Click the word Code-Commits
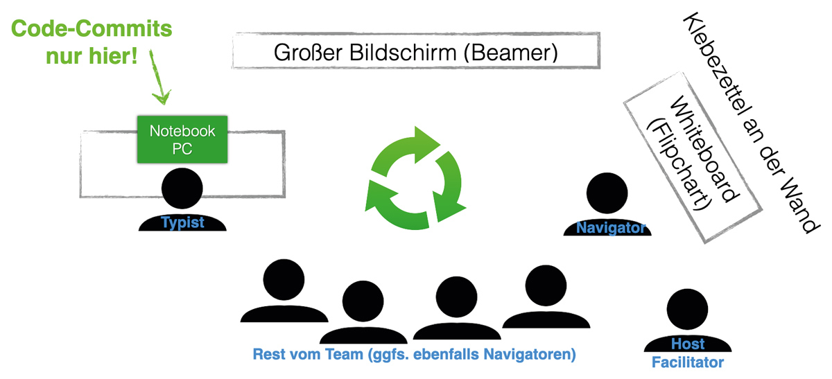(x=92, y=30)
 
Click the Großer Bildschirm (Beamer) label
(x=415, y=52)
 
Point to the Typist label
(x=182, y=222)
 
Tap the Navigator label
(x=611, y=227)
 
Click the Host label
(x=687, y=344)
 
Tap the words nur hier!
(x=92, y=56)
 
